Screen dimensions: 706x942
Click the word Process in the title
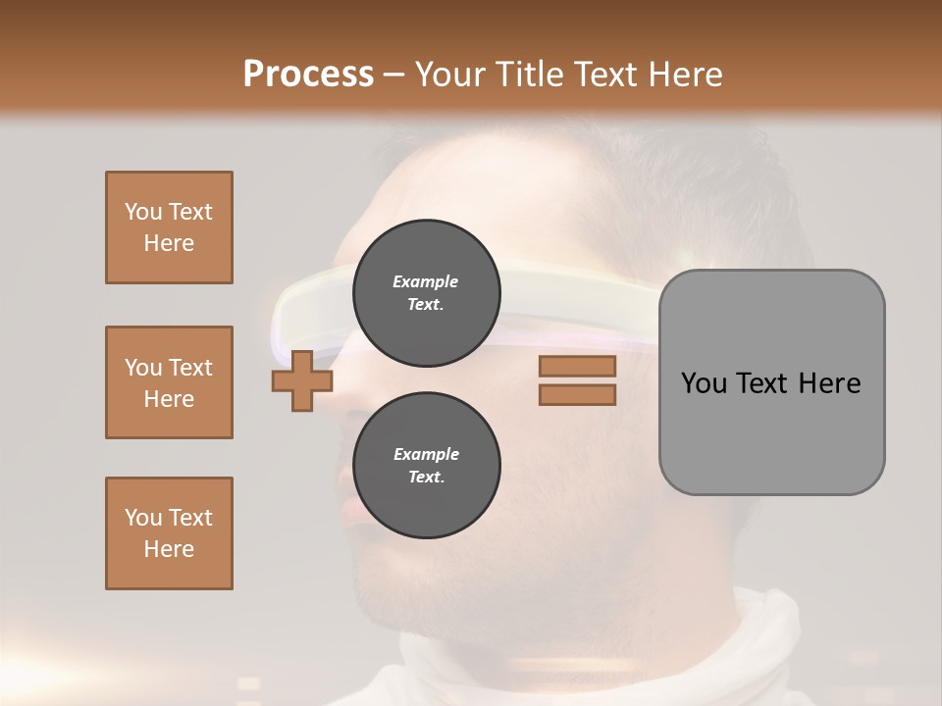pos(308,75)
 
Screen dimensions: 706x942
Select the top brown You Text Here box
pos(169,227)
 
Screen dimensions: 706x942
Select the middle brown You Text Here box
pos(169,382)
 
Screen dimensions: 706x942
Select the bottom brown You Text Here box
pos(169,533)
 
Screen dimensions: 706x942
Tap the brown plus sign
pos(302,380)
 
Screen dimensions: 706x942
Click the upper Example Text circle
pos(426,293)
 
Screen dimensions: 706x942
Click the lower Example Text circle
pos(426,465)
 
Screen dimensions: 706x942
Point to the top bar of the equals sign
pos(577,367)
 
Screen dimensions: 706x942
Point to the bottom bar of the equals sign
pos(577,395)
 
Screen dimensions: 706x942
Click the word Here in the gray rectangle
pos(829,383)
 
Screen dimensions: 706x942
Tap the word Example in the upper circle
pos(426,281)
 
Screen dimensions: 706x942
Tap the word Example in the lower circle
pos(426,454)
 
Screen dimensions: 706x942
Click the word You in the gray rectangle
pos(703,383)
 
